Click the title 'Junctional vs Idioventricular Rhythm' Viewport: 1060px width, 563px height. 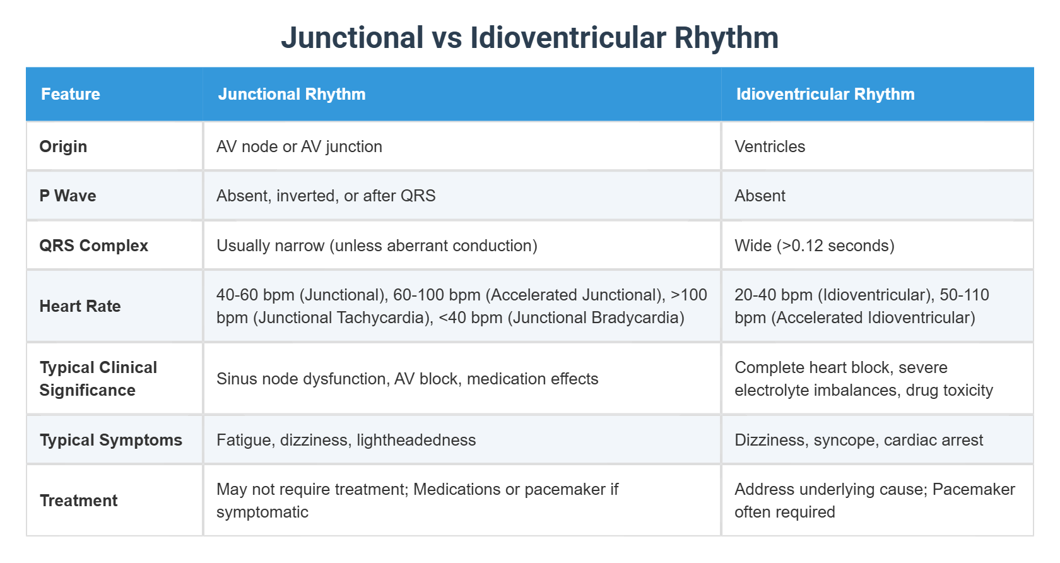click(529, 38)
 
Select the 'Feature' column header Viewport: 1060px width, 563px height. click(71, 94)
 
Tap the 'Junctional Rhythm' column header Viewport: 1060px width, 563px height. click(291, 94)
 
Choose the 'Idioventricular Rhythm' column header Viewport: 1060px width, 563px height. click(825, 94)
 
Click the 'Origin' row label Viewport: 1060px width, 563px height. click(63, 146)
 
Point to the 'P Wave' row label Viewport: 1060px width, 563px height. click(68, 196)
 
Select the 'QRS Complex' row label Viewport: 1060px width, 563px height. click(93, 246)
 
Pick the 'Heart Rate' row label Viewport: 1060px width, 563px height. click(80, 306)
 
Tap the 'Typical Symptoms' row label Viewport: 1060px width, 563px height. click(110, 440)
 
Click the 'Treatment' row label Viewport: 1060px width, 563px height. click(78, 501)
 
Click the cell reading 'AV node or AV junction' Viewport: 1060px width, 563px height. click(299, 146)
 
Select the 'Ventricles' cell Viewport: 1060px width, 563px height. click(770, 146)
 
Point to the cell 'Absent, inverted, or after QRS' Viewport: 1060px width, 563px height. click(326, 196)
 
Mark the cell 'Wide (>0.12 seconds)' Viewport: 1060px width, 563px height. click(814, 246)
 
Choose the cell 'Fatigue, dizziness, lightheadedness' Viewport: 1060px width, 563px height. click(346, 440)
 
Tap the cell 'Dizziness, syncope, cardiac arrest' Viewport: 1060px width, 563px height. click(859, 440)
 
